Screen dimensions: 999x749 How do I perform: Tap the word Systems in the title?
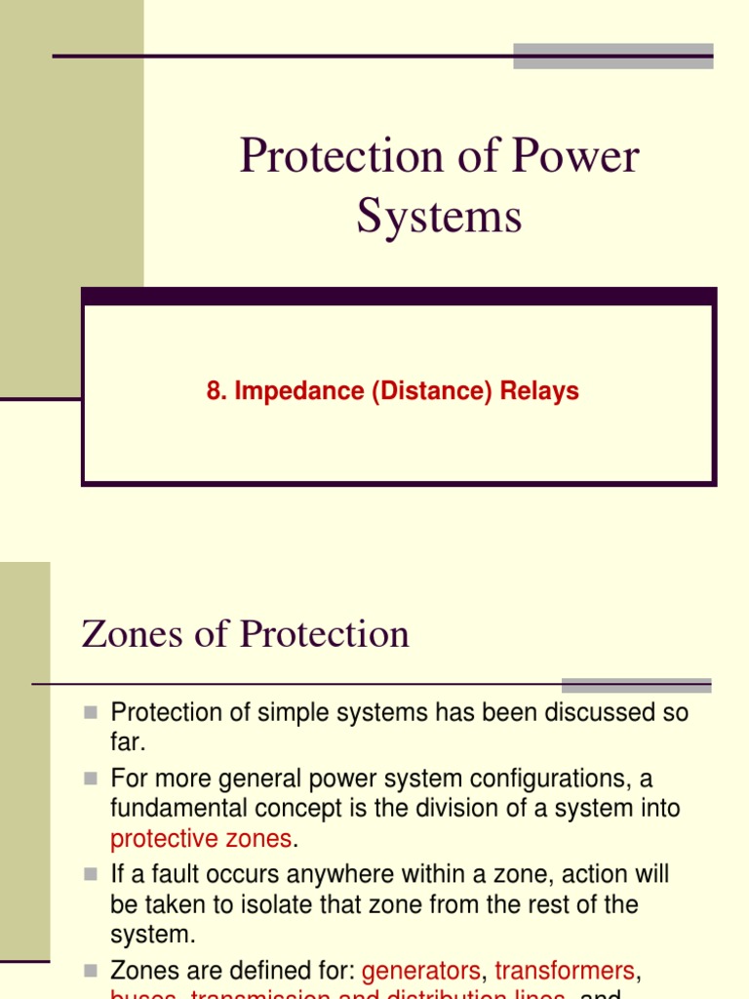[439, 216]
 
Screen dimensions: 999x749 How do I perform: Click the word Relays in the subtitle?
[539, 391]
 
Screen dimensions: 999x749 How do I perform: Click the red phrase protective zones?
[201, 838]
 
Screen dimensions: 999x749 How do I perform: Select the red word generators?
[421, 971]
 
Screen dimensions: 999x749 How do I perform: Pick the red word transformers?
[565, 971]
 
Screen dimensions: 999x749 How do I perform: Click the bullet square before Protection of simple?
[92, 713]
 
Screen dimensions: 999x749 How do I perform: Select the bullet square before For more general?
[92, 779]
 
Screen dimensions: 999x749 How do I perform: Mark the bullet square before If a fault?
[92, 875]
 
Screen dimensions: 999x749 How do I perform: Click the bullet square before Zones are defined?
[92, 972]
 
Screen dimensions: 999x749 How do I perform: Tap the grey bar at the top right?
[612, 56]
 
